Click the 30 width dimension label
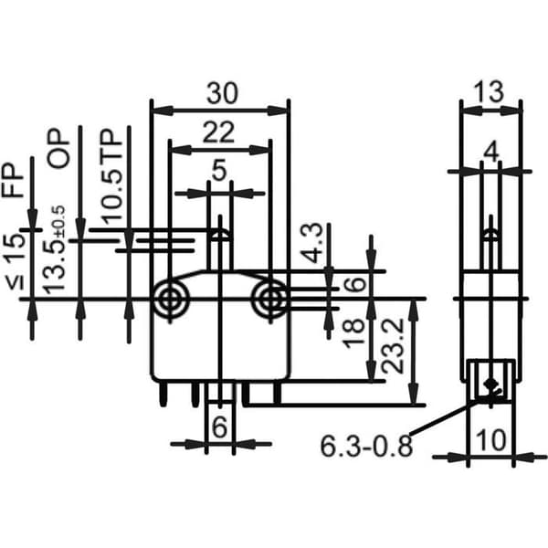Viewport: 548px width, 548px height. click(222, 94)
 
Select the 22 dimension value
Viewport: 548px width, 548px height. click(218, 132)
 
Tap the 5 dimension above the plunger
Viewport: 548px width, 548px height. click(219, 171)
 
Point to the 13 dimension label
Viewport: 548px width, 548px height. click(489, 91)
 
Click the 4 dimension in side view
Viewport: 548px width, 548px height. click(491, 153)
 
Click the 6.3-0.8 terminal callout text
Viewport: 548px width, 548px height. click(366, 447)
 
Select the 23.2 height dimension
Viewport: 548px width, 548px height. click(393, 346)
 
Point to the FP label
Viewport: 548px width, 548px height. click(13, 180)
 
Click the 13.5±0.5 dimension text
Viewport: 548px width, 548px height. click(54, 248)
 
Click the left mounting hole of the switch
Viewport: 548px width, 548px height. click(170, 300)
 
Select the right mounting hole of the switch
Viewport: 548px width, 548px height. click(270, 300)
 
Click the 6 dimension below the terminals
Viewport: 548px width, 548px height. click(219, 427)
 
